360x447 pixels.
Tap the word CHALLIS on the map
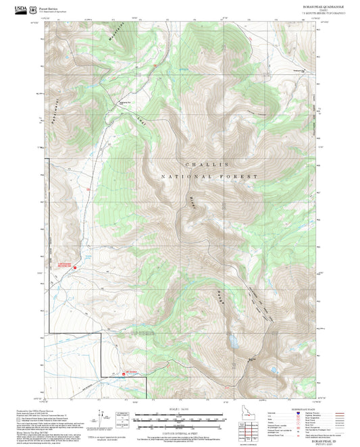pyautogui.click(x=207, y=165)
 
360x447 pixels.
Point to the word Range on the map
pyautogui.click(x=220, y=298)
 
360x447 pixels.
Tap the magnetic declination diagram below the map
pyautogui.click(x=124, y=416)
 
